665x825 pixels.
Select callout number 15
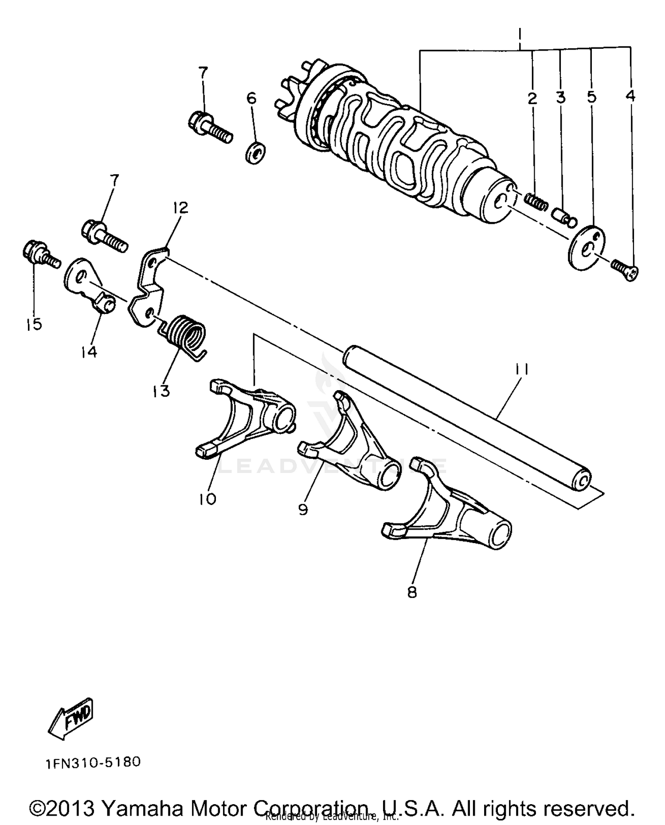point(34,324)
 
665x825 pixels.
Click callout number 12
point(181,207)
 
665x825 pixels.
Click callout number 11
point(522,370)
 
